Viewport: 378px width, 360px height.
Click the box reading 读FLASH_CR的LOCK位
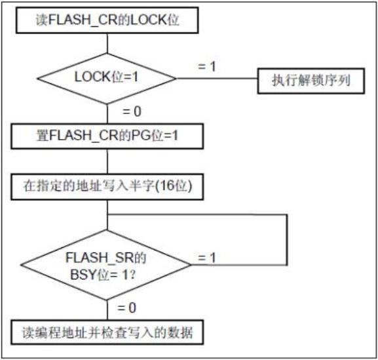[x=107, y=20]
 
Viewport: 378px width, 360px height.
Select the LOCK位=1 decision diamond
[x=107, y=79]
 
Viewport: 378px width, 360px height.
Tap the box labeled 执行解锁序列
[x=311, y=81]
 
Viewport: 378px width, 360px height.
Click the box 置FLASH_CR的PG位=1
[x=107, y=136]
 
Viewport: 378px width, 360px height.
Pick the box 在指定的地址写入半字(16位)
[x=107, y=186]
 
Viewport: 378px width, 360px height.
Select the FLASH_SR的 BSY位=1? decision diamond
[x=106, y=265]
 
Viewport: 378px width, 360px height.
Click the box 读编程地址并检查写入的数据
[x=107, y=332]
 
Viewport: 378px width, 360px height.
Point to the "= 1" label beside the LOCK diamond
[x=206, y=66]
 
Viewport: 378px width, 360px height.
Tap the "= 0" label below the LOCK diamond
[x=132, y=111]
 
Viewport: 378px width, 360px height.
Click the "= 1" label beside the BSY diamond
[x=206, y=258]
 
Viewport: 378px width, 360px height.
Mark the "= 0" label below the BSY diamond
[x=127, y=308]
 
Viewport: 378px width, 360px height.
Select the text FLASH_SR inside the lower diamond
[x=100, y=258]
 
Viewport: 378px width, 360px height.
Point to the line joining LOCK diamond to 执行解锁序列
[x=217, y=79]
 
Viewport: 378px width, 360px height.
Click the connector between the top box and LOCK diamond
[x=107, y=43]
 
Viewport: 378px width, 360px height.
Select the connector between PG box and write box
[x=107, y=161]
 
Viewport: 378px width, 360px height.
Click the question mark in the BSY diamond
[x=132, y=275]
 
